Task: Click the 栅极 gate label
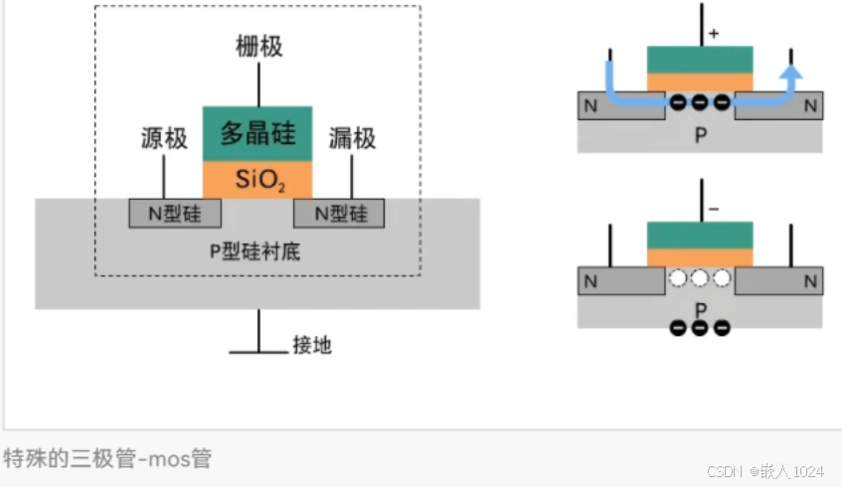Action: click(258, 46)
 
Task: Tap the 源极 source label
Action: click(164, 139)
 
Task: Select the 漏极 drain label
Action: click(352, 138)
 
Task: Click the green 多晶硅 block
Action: click(257, 133)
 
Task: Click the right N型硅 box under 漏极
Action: click(340, 213)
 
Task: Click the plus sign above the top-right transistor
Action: click(714, 34)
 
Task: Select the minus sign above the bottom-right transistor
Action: click(714, 210)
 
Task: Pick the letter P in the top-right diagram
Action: click(700, 135)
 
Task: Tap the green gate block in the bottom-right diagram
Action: click(699, 236)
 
